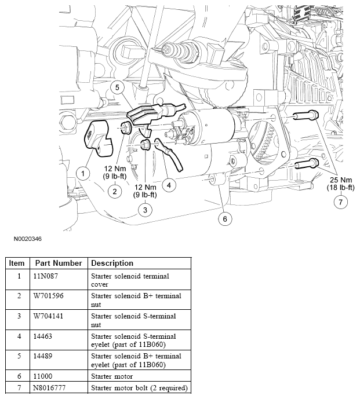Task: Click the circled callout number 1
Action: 83,173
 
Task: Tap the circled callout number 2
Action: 115,191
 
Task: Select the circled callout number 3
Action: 145,210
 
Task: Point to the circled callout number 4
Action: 169,185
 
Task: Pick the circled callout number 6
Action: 224,218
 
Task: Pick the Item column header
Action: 17,263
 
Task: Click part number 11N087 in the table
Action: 48,276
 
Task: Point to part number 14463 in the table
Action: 46,336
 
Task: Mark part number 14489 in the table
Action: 46,356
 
